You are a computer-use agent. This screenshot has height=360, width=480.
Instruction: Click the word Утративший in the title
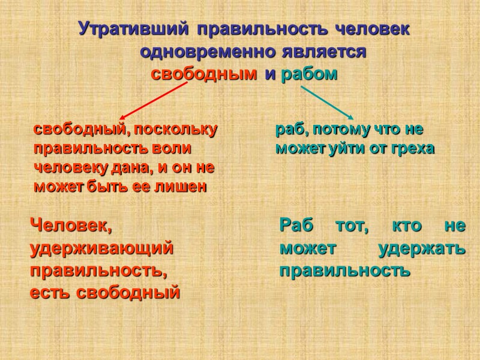133,29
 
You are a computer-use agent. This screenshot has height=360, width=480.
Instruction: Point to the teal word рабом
309,76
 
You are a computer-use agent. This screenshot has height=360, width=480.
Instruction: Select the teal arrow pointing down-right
327,102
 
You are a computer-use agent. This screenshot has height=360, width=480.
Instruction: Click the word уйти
346,148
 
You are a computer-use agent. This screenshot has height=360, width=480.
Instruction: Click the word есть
49,293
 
